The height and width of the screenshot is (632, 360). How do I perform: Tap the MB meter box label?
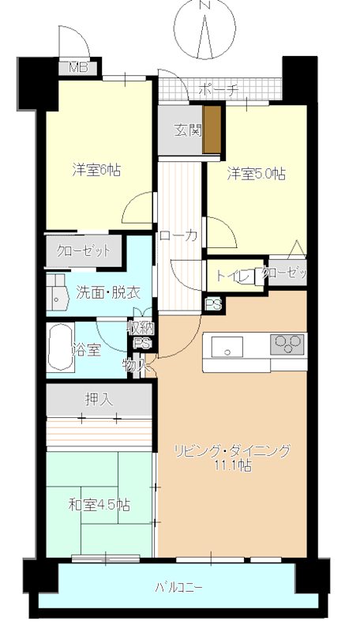click(x=77, y=67)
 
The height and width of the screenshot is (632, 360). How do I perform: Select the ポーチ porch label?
click(x=218, y=89)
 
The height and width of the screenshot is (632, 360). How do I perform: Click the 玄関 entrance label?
click(x=186, y=129)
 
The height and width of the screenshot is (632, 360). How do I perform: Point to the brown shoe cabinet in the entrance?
click(x=211, y=130)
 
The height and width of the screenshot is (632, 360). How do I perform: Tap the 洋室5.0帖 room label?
click(x=256, y=173)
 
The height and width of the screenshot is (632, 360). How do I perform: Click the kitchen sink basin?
click(x=230, y=345)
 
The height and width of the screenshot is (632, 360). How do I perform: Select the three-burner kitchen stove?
click(x=286, y=344)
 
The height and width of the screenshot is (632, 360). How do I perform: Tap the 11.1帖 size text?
click(x=234, y=466)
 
